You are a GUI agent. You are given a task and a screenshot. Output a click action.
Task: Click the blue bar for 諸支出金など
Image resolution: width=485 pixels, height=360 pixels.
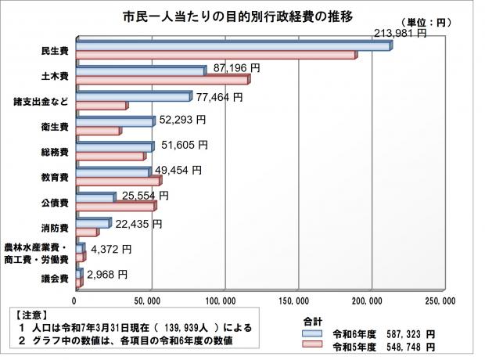click(134, 97)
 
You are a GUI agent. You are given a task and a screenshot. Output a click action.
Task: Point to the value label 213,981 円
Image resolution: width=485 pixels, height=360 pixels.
click(400, 34)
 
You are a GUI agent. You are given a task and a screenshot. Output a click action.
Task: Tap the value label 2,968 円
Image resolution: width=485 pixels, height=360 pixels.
click(106, 274)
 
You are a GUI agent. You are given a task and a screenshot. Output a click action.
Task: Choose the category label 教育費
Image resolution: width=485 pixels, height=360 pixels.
click(55, 178)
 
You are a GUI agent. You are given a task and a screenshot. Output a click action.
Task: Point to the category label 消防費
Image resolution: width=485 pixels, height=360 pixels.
click(55, 229)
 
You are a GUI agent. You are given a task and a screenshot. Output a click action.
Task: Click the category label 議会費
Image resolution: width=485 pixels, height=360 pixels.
click(55, 279)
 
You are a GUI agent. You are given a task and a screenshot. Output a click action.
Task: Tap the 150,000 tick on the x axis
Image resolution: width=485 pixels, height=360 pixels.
click(298, 300)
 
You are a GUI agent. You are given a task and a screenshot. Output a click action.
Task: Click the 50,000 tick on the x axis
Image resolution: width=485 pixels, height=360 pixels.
click(149, 300)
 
